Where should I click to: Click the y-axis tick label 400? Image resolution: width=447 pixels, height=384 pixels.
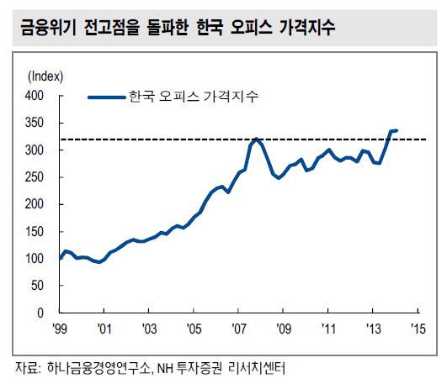click(35, 95)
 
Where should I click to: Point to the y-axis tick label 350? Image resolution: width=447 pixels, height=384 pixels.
click(35, 123)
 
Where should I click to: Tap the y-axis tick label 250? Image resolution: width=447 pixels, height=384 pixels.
click(35, 177)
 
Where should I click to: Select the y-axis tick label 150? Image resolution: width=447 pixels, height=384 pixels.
click(35, 231)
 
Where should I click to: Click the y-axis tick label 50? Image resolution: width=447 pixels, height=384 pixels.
click(37, 286)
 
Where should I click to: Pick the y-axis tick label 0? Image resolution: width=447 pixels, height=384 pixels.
click(40, 313)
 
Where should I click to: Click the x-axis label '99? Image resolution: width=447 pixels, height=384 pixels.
click(60, 329)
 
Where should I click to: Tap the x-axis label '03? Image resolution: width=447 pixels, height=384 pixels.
click(149, 329)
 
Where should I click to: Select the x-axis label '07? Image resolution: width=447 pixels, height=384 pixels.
click(238, 329)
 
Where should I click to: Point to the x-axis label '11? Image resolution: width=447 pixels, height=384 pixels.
click(328, 329)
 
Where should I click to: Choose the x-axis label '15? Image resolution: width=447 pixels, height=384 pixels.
click(418, 329)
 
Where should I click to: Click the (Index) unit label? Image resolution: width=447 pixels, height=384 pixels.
click(45, 76)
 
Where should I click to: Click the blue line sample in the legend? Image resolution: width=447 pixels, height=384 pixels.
click(107, 97)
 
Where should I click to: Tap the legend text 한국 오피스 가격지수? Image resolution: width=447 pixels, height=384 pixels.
click(194, 97)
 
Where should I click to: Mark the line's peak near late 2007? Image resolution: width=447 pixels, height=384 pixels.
click(257, 139)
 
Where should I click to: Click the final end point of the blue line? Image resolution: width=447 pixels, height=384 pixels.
click(396, 130)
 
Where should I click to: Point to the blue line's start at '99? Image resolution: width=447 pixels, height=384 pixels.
click(60, 259)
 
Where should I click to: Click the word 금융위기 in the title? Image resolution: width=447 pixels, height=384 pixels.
click(48, 28)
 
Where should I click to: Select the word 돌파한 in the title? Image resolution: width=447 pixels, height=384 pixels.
click(168, 28)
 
